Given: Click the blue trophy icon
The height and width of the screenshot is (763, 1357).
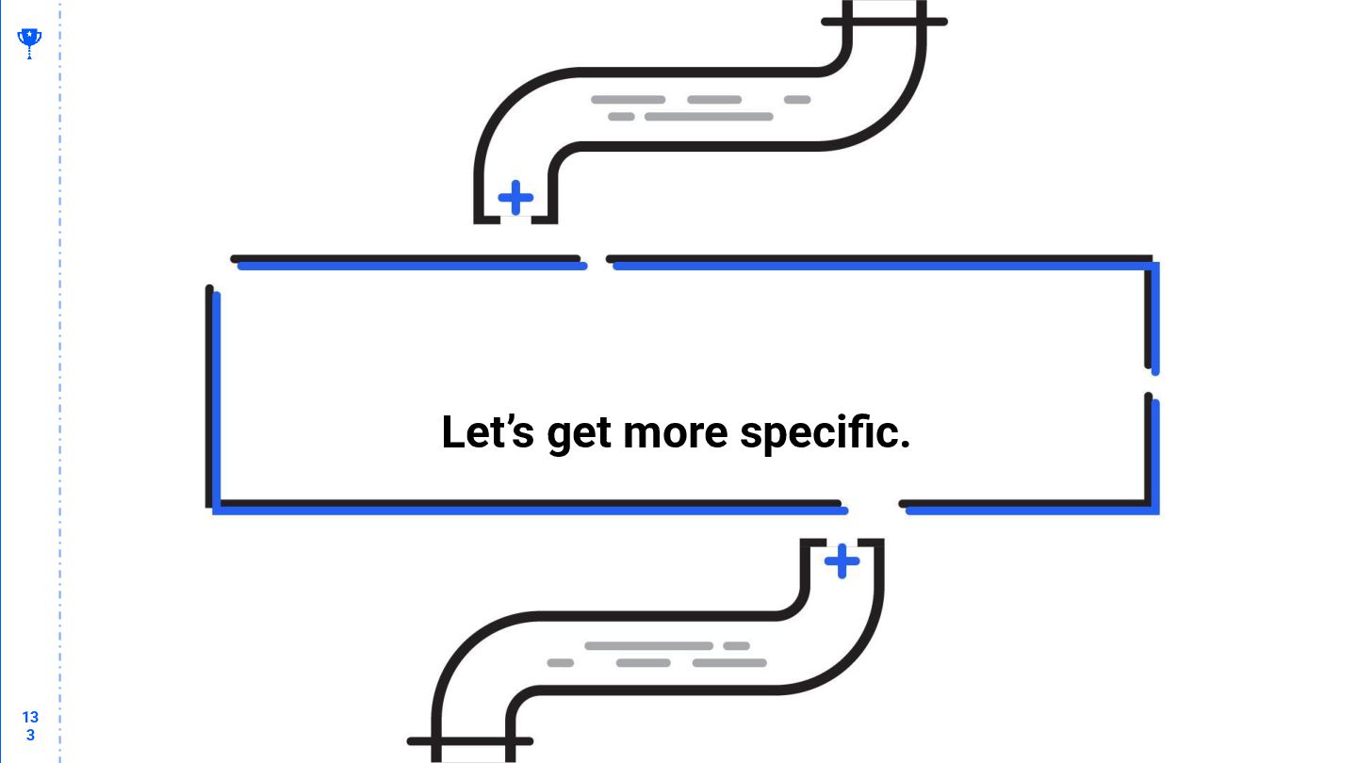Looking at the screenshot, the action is [29, 41].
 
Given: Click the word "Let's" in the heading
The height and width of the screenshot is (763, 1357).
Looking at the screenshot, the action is [487, 432].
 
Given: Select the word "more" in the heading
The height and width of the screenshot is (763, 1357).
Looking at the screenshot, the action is [676, 433].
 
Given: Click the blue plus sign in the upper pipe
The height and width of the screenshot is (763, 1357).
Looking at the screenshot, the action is [515, 198].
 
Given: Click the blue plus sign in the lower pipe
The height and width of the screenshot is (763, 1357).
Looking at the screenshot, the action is [842, 561].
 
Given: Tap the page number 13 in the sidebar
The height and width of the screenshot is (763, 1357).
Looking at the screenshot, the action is [30, 717].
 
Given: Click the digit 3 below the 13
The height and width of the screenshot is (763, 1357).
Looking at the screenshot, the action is [30, 735].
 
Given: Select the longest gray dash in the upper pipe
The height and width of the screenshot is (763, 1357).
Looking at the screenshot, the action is [709, 117].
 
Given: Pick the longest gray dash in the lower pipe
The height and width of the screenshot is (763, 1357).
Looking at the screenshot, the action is [648, 646].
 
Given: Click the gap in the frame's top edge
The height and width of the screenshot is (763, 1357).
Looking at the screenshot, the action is [597, 261].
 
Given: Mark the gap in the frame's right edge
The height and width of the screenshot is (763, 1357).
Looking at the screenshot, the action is [1151, 383].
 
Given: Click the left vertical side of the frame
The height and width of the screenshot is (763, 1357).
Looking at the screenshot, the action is [212, 396].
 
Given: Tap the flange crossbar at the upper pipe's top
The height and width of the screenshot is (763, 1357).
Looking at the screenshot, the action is [884, 21].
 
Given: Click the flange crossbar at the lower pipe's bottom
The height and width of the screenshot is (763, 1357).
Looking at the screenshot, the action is [469, 741].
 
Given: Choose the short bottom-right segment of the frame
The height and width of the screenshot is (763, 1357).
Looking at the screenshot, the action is [1027, 507].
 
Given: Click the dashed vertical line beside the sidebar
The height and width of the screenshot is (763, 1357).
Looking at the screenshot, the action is [60, 377].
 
